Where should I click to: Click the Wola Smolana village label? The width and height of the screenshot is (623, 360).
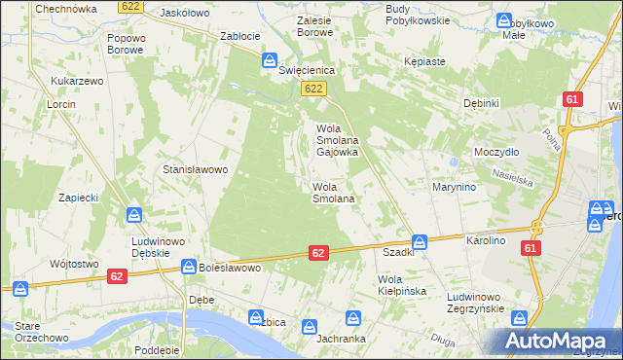[332, 192]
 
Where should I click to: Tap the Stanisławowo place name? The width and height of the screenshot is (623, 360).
[195, 169]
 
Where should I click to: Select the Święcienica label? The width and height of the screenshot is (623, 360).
[308, 70]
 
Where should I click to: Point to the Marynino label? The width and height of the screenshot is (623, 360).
[454, 186]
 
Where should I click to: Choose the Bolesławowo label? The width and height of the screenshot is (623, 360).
[230, 266]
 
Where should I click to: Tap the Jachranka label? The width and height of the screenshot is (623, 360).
[341, 340]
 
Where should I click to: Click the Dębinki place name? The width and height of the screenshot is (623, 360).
[481, 103]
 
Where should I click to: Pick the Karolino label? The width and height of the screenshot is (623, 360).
[487, 239]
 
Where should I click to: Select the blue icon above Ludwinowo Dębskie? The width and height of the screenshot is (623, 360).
[134, 215]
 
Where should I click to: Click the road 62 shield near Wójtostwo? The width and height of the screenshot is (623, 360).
[116, 276]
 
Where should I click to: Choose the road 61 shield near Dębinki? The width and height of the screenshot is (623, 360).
[572, 100]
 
